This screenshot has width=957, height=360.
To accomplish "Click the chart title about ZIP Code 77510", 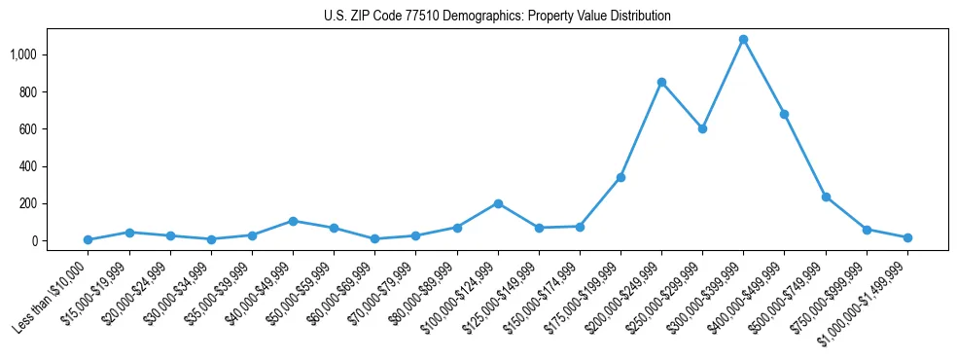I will pyautogui.click(x=497, y=16).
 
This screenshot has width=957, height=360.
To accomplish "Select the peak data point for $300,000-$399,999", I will pyautogui.click(x=743, y=40).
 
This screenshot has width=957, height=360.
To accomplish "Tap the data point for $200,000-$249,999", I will pyautogui.click(x=661, y=83).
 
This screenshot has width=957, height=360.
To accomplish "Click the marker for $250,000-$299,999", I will pyautogui.click(x=702, y=128).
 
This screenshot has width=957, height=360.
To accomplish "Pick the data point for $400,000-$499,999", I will pyautogui.click(x=784, y=114).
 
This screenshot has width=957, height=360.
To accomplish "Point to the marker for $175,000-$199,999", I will pyautogui.click(x=620, y=177).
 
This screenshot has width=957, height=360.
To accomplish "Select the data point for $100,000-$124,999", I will pyautogui.click(x=498, y=203).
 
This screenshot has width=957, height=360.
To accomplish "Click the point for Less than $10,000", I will pyautogui.click(x=88, y=239).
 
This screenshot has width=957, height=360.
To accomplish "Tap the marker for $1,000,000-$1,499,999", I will pyautogui.click(x=907, y=237).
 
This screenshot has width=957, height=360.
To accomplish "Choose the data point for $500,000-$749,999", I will pyautogui.click(x=826, y=197).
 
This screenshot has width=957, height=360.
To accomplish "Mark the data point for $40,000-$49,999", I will pyautogui.click(x=293, y=221).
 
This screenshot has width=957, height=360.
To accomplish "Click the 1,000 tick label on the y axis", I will pyautogui.click(x=22, y=54).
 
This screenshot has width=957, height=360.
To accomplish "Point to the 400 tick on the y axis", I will pyautogui.click(x=26, y=166).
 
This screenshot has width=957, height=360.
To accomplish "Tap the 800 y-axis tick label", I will pyautogui.click(x=26, y=92).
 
